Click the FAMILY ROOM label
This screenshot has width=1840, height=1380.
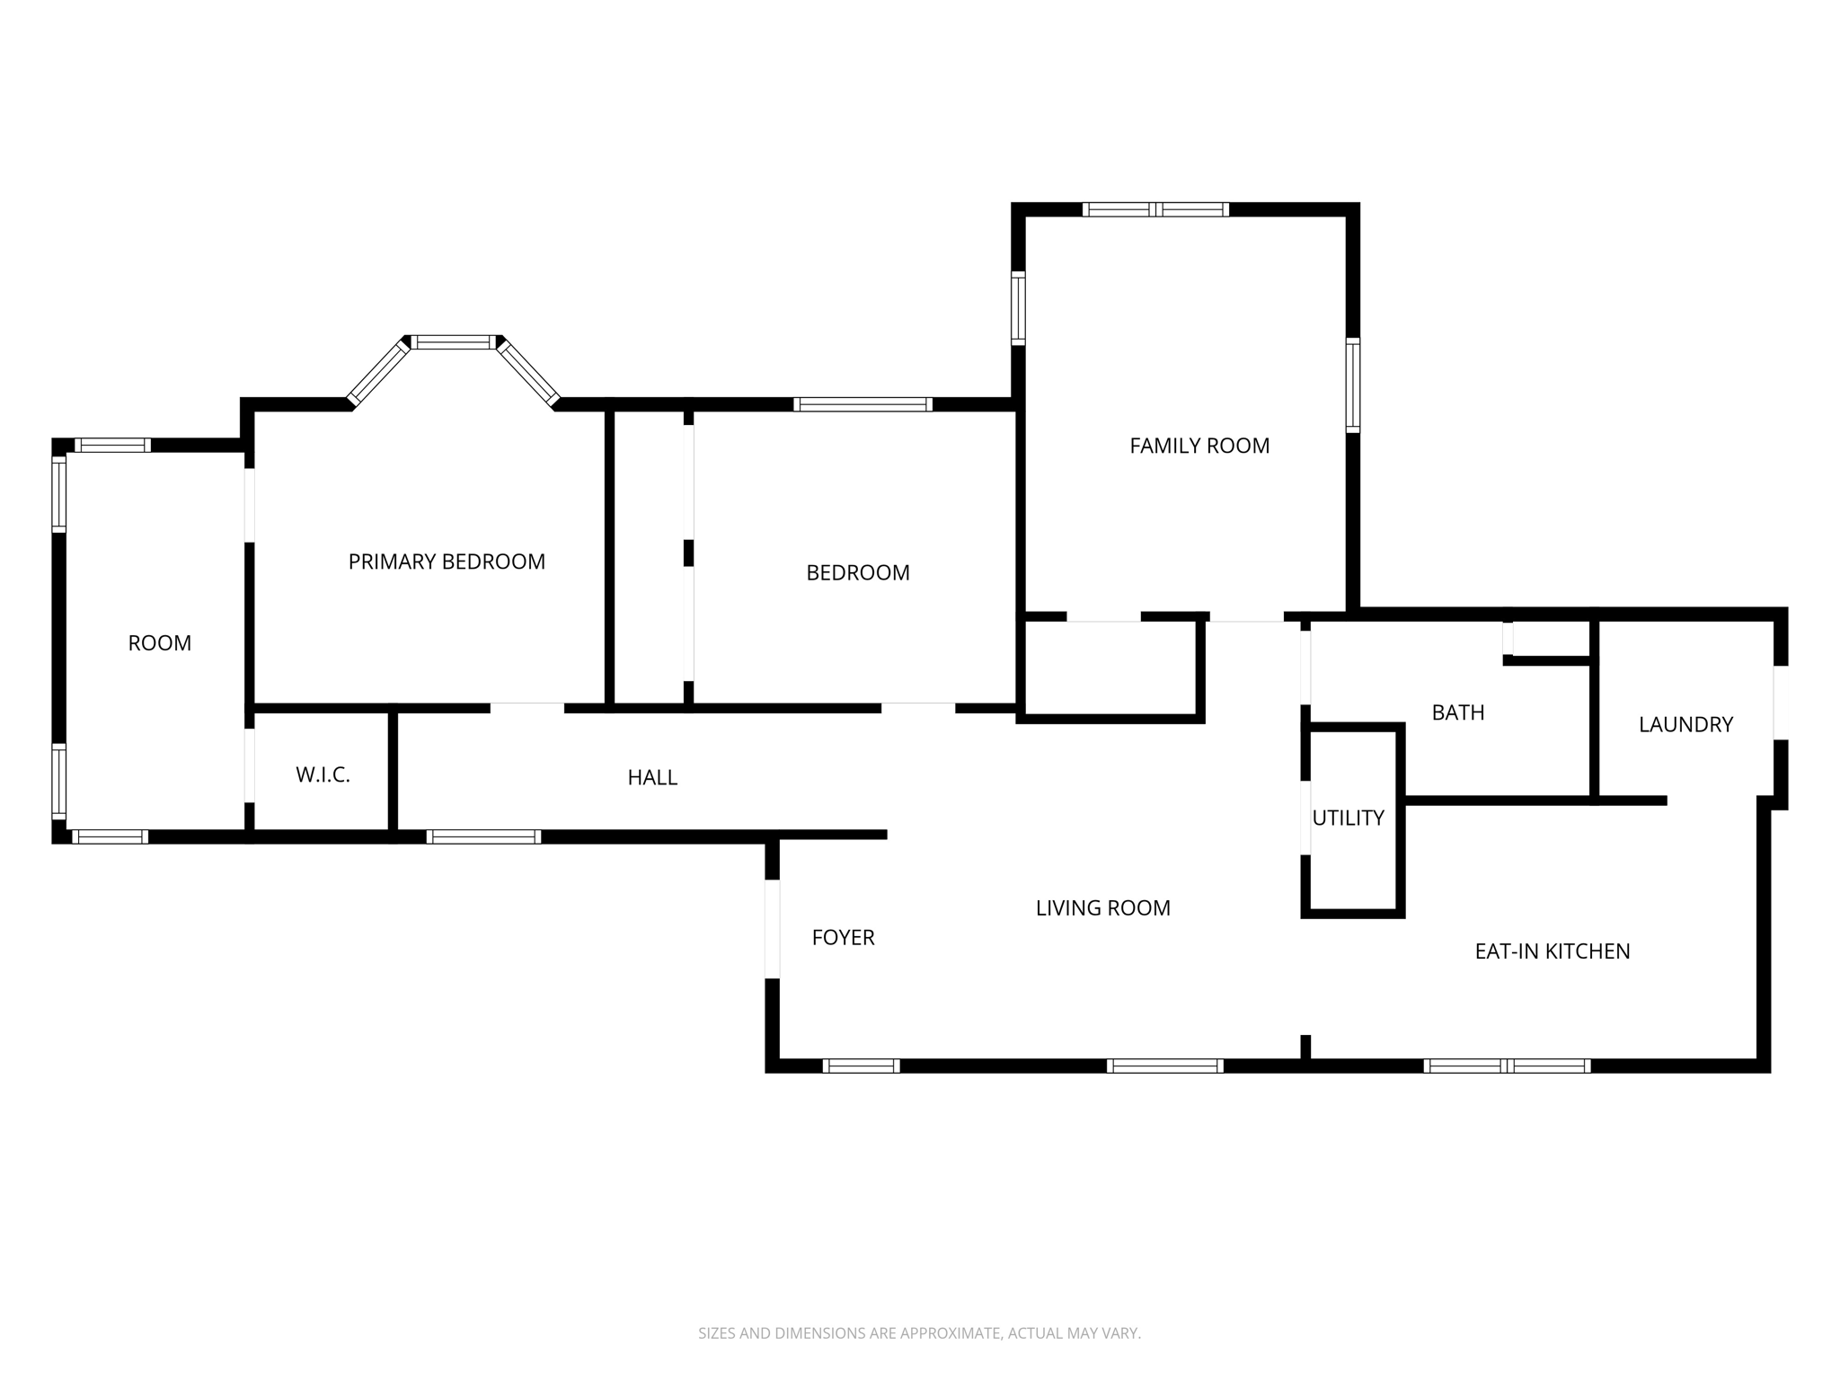[1199, 446]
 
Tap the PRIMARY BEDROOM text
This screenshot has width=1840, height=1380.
[447, 562]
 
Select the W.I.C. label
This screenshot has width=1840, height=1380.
[323, 774]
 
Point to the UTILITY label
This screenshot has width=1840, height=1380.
[1348, 818]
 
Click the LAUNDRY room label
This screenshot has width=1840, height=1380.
[1685, 724]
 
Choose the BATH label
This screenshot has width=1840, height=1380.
[1457, 712]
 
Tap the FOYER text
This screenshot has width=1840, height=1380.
[843, 937]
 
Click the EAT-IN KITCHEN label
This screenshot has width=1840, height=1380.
[1552, 951]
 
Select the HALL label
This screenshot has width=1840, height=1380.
[652, 777]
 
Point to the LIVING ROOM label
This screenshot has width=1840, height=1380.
[1102, 908]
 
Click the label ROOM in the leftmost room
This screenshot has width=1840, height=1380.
[160, 643]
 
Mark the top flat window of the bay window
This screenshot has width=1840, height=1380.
[454, 342]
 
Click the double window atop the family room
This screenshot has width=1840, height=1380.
[1155, 209]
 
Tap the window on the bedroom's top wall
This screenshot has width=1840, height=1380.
[862, 404]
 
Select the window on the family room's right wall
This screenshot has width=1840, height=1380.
[1352, 385]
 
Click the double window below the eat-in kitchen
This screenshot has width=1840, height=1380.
[1507, 1066]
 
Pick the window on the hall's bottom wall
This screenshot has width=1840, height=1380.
[483, 836]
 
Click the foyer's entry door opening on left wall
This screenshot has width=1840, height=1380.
[772, 928]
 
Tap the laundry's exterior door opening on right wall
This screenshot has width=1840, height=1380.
[1780, 702]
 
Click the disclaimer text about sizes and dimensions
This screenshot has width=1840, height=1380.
[919, 1333]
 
